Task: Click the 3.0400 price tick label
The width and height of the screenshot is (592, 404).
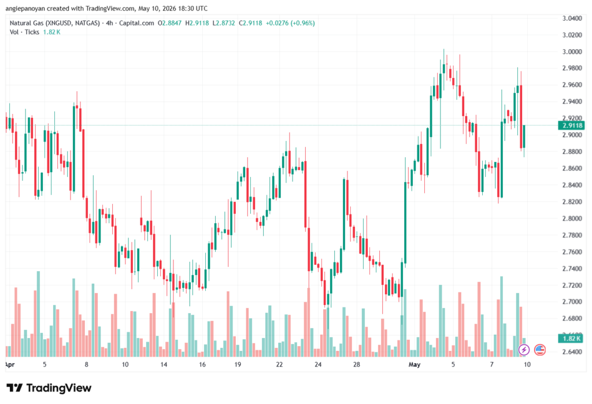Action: [x=572, y=18]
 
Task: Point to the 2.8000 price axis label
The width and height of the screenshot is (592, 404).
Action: [x=572, y=218]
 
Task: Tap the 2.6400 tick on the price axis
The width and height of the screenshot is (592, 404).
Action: [x=572, y=351]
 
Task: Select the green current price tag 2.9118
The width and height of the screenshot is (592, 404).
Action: [x=572, y=125]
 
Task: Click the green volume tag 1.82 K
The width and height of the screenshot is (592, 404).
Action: [x=571, y=338]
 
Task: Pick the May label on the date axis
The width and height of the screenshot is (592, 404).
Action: [x=414, y=364]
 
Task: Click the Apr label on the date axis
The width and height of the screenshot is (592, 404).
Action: [x=10, y=364]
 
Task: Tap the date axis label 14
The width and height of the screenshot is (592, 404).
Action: [x=164, y=364]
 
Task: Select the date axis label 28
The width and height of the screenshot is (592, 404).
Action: [x=356, y=364]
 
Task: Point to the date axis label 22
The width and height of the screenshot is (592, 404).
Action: [x=279, y=364]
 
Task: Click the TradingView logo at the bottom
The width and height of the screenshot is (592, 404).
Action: [x=49, y=388]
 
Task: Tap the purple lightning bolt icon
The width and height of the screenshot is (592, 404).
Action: [x=524, y=350]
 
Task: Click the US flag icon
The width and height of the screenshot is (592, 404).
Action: [x=540, y=350]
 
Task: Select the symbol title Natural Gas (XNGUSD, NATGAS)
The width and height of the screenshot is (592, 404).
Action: [x=55, y=23]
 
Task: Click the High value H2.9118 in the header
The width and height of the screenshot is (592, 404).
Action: [x=197, y=23]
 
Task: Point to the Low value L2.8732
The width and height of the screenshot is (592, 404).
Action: [x=224, y=23]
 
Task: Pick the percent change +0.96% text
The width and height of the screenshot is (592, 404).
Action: [x=302, y=23]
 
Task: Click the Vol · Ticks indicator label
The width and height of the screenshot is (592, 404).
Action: [x=24, y=32]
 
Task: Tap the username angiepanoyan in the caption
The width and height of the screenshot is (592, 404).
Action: [x=25, y=8]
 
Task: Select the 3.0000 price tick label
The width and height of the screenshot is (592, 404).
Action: [x=572, y=51]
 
